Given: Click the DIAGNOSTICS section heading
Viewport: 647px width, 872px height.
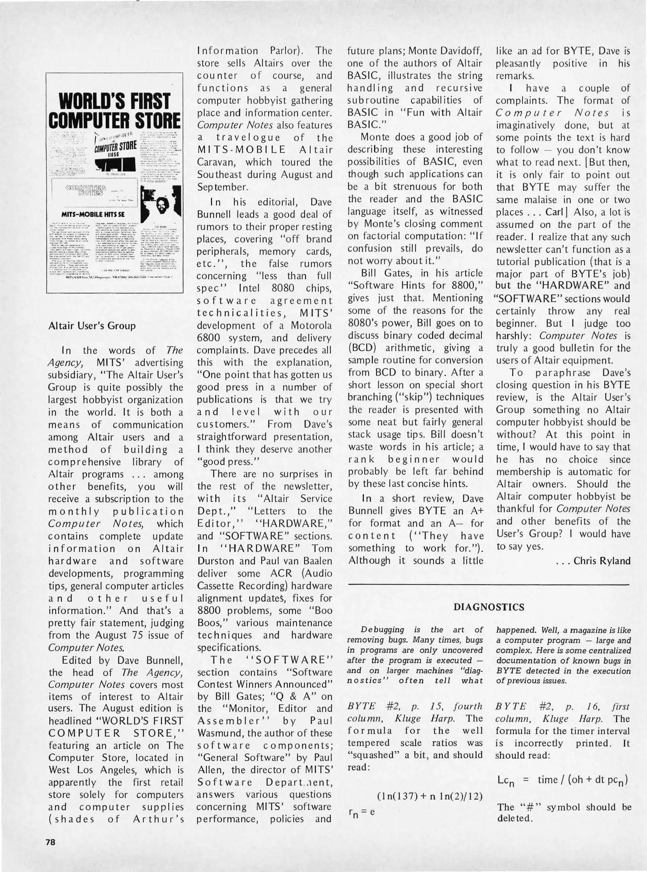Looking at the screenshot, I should [x=489, y=607].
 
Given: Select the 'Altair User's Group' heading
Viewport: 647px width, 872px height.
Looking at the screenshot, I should [x=92, y=325].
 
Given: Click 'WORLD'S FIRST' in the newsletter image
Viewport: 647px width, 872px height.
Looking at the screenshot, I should [x=113, y=101].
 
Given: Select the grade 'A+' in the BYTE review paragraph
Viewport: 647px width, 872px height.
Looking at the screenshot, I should [x=476, y=511].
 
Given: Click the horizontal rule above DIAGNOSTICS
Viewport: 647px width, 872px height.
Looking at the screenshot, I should [x=489, y=584].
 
